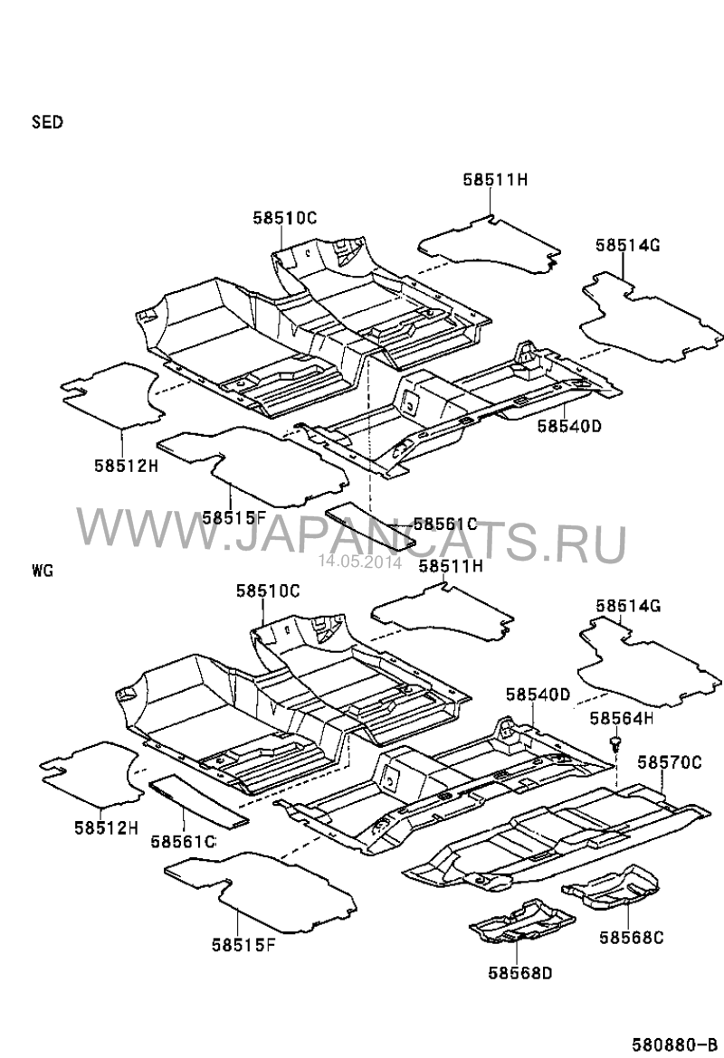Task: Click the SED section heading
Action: [x=47, y=122]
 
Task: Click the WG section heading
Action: [x=43, y=571]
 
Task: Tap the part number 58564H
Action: [x=622, y=718]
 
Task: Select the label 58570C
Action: [x=671, y=762]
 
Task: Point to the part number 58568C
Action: [x=631, y=938]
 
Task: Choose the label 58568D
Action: [x=520, y=973]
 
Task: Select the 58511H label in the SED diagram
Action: [x=495, y=180]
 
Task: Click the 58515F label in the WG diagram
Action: [x=243, y=945]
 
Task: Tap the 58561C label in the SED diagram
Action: [x=445, y=524]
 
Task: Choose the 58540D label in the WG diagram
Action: [x=538, y=694]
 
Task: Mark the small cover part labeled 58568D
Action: [x=520, y=921]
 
